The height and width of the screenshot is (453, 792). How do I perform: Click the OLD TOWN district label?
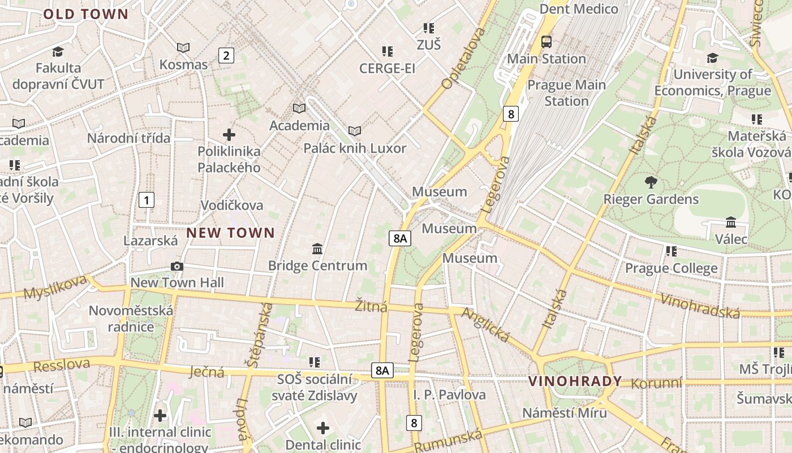pos(86,14)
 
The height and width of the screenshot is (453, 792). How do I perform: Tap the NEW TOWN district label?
pos(230,232)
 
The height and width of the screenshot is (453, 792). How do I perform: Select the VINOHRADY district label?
pos(575,381)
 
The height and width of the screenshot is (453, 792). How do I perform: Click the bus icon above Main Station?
pos(546,41)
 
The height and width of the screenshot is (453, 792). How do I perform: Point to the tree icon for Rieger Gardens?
pos(651,182)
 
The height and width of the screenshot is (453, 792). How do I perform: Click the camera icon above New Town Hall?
pos(177,266)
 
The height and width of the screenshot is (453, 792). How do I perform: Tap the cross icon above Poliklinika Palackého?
pos(229,135)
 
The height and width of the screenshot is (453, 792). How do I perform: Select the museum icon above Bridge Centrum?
pos(317,249)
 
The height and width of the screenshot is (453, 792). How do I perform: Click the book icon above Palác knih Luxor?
pos(355,131)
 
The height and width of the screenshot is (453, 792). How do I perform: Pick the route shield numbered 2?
pos(226,55)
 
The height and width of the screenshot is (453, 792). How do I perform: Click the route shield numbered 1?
pos(147,199)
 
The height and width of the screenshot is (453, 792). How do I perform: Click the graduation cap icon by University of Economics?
pos(712,58)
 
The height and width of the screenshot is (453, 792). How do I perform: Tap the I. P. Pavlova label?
pos(449,395)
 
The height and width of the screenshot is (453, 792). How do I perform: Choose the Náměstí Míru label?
pos(564,412)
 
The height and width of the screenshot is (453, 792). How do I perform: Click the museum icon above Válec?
pos(730,222)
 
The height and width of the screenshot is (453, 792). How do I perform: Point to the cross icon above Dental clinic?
pos(323,428)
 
